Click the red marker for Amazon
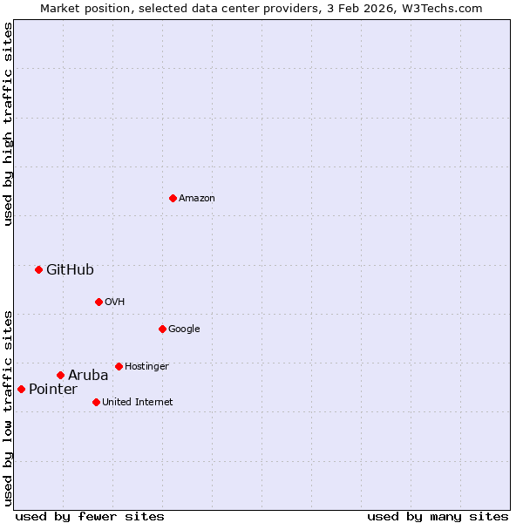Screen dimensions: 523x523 click(x=173, y=198)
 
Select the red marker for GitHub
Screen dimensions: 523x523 click(x=38, y=269)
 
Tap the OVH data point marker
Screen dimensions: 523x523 click(x=98, y=302)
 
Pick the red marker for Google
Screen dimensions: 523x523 click(x=162, y=329)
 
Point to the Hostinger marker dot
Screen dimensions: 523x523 click(x=119, y=366)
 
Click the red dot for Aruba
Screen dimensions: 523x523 click(x=60, y=375)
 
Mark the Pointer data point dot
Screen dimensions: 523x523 click(x=21, y=389)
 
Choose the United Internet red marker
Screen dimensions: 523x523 click(x=96, y=402)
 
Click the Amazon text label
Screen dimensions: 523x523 click(x=197, y=198)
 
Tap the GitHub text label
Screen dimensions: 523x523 click(x=70, y=269)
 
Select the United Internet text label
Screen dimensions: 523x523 click(x=137, y=402)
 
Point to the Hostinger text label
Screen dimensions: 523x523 click(x=146, y=366)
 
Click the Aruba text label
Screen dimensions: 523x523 click(x=88, y=375)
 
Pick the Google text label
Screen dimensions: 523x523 click(x=184, y=329)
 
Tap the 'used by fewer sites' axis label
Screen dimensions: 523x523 click(x=90, y=516)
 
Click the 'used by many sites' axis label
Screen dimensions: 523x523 click(x=438, y=516)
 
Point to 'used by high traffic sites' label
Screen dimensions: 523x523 click(x=8, y=124)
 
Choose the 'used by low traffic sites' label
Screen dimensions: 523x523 click(x=8, y=407)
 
